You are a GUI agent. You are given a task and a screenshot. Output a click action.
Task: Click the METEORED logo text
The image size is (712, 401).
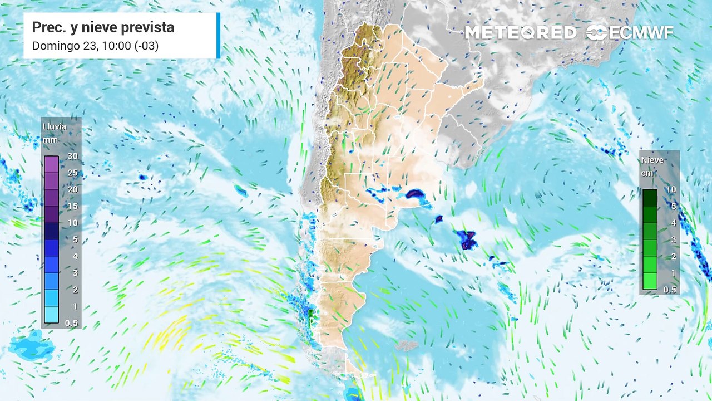[x=520, y=33]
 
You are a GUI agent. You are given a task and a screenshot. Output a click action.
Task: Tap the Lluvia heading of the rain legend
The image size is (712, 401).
[x=54, y=126]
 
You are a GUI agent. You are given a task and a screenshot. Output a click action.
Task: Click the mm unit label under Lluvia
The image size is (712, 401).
[x=50, y=139]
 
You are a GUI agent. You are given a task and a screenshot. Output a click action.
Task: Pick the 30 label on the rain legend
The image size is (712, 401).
[x=72, y=156]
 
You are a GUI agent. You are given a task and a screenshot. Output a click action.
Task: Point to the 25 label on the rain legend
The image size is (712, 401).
[x=72, y=173]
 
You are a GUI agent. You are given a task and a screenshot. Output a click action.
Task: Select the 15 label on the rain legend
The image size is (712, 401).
[x=72, y=206]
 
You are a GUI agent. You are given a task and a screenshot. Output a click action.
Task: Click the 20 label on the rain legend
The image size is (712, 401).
[x=72, y=189]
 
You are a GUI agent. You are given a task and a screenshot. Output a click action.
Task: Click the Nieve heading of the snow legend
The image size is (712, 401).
[x=652, y=160]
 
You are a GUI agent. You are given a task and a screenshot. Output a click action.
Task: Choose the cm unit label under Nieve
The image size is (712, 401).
[x=646, y=173]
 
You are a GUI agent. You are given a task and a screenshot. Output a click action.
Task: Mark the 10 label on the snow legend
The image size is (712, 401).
[x=671, y=189]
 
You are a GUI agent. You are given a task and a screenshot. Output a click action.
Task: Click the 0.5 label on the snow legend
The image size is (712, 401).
[x=670, y=290]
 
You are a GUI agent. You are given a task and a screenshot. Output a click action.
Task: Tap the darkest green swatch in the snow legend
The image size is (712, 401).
[x=650, y=198]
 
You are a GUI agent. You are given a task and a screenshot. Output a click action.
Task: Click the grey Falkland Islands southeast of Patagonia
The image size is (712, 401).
[x=407, y=346]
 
